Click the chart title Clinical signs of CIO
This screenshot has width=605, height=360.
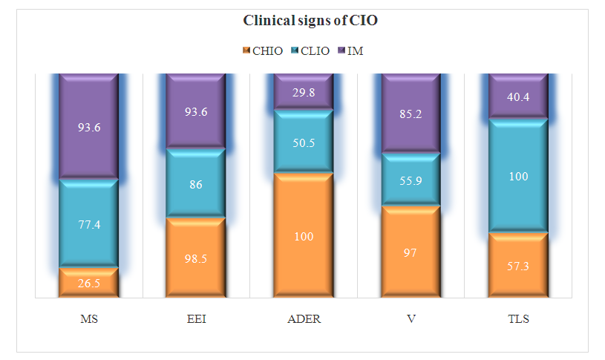pyautogui.click(x=310, y=21)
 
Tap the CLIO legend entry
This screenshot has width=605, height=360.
pyautogui.click(x=304, y=50)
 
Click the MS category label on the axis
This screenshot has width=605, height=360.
pyautogui.click(x=88, y=320)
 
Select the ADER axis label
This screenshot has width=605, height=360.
pyautogui.click(x=304, y=320)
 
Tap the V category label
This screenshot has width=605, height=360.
pyautogui.click(x=411, y=320)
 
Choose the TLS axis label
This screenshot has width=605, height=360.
pyautogui.click(x=518, y=320)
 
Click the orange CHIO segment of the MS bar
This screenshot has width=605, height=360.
pyautogui.click(x=88, y=282)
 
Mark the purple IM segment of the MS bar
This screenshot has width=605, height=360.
pyautogui.click(x=88, y=126)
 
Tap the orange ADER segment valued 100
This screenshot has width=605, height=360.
pyautogui.click(x=304, y=235)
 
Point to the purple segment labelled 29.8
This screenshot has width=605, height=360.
pyautogui.click(x=304, y=92)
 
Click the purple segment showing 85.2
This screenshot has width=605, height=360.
pyautogui.click(x=411, y=114)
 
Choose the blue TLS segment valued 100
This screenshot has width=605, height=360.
pyautogui.click(x=518, y=176)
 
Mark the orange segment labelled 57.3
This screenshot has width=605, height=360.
pyautogui.click(x=518, y=265)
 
